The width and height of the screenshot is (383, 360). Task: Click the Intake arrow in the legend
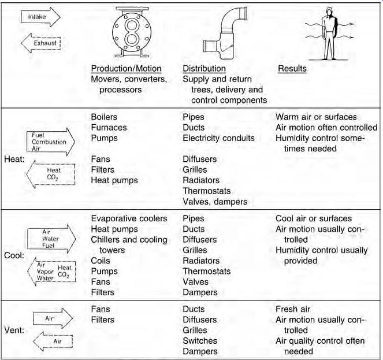40,17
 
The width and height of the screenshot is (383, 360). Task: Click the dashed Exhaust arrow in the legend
40,43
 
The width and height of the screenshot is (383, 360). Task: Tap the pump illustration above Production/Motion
132,32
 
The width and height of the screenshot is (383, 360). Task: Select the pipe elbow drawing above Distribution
225,34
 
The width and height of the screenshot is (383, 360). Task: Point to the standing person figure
329,34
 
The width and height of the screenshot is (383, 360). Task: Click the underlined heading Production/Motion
127,69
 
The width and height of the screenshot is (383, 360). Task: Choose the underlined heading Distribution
204,69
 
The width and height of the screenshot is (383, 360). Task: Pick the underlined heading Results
292,69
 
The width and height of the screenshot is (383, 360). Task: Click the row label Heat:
14,159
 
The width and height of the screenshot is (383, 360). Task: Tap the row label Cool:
14,255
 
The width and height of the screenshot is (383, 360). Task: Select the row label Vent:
14,331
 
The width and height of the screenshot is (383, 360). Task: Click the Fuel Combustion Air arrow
51,142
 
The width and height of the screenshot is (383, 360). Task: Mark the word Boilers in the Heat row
104,117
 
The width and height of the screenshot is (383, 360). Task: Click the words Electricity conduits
218,138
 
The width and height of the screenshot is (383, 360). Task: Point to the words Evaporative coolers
129,218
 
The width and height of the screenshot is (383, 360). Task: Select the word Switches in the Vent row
200,341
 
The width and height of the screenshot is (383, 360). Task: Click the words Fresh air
293,309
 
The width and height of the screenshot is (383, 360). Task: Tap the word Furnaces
109,128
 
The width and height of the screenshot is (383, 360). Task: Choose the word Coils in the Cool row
101,261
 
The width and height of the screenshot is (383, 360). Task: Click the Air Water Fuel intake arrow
51,239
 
